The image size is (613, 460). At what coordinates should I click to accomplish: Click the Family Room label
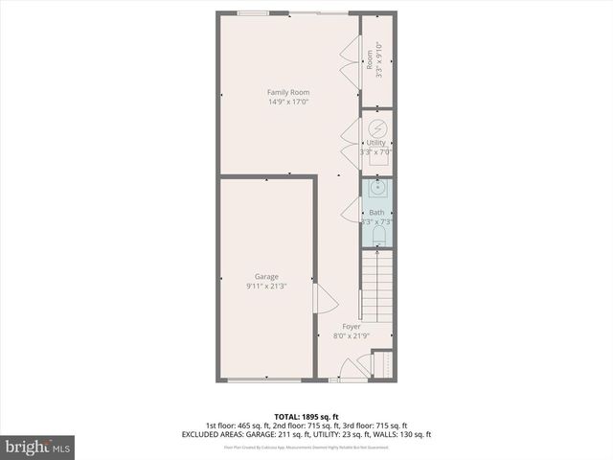coord(287,93)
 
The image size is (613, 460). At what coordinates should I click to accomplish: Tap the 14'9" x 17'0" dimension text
coord(287,102)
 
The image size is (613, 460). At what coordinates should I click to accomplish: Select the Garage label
coord(266,277)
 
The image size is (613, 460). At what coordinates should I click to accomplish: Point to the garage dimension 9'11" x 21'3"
coord(266,286)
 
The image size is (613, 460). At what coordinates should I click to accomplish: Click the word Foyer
coord(352,327)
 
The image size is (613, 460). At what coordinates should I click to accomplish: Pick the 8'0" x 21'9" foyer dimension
coord(352,335)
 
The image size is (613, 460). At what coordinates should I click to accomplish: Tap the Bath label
coord(376,213)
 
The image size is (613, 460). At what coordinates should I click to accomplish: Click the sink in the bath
coord(377,188)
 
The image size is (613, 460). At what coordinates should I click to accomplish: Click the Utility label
coord(376,143)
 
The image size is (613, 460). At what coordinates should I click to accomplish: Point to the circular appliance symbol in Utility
coord(377,127)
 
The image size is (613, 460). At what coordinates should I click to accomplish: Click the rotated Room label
coord(370,60)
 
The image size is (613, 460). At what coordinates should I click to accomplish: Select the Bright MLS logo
coord(38,447)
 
